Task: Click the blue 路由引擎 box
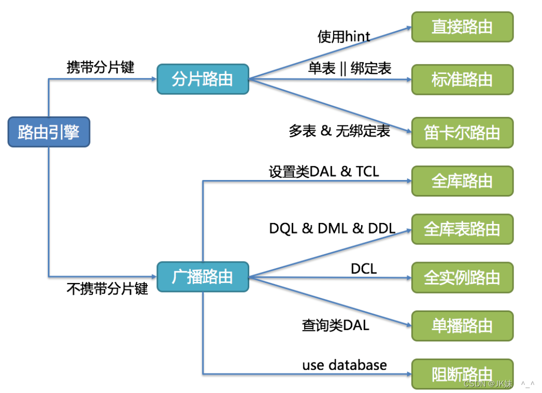pyautogui.click(x=49, y=132)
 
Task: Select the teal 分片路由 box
pyautogui.click(x=203, y=79)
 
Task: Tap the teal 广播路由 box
pyautogui.click(x=203, y=276)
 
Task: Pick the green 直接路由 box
pyautogui.click(x=462, y=27)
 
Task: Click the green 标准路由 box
pyautogui.click(x=462, y=79)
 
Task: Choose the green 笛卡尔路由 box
pyautogui.click(x=462, y=133)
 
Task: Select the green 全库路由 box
pyautogui.click(x=462, y=181)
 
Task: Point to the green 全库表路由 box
pyautogui.click(x=462, y=229)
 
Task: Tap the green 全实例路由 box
pyautogui.click(x=462, y=277)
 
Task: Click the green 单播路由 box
pyautogui.click(x=462, y=326)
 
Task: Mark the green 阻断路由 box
pyautogui.click(x=462, y=374)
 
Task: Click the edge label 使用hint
pyautogui.click(x=344, y=36)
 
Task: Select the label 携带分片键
pyautogui.click(x=100, y=67)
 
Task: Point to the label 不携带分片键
pyautogui.click(x=107, y=289)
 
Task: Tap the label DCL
pyautogui.click(x=364, y=269)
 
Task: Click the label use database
pyautogui.click(x=344, y=365)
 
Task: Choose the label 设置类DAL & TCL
pyautogui.click(x=324, y=171)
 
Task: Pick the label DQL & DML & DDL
pyautogui.click(x=332, y=228)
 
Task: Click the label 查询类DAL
pyautogui.click(x=335, y=325)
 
